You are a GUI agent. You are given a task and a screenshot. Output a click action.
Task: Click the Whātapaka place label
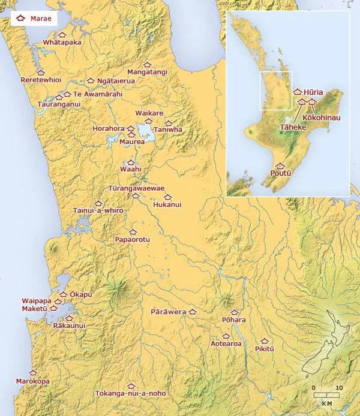click(x=62, y=43)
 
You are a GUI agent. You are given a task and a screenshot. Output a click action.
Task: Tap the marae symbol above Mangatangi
click(x=147, y=64)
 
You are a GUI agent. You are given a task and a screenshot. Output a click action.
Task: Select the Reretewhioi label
click(x=41, y=80)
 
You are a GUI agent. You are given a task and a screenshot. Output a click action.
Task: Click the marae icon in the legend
click(x=20, y=19)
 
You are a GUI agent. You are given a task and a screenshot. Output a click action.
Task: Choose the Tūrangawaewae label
click(x=136, y=188)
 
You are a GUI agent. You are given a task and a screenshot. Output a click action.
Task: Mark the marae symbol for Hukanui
click(x=167, y=197)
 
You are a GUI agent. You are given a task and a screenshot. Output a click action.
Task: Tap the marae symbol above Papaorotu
click(x=133, y=231)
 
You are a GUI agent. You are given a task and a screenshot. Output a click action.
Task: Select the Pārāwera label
click(x=168, y=312)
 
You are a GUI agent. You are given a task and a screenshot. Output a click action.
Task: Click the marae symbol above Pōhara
click(x=234, y=312)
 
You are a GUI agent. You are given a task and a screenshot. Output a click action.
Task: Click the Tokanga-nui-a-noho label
click(x=131, y=393)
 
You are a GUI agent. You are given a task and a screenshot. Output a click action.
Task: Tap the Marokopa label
click(x=33, y=381)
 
